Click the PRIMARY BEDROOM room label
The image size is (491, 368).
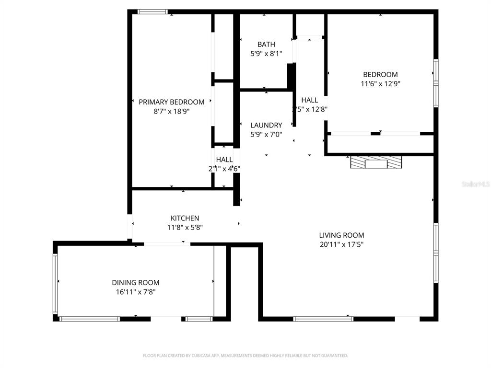pos(171,102)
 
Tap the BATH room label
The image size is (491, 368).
pos(266,45)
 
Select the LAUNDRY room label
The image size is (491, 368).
pos(266,126)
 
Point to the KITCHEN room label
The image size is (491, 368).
pos(185,218)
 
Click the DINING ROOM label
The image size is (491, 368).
pos(136,283)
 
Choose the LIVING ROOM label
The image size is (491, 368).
pos(341,235)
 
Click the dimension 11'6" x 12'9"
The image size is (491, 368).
pos(380,83)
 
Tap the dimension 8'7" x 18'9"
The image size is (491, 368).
pos(171,111)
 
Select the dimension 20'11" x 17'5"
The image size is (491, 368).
pos(341,244)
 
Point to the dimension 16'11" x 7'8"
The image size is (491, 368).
pos(136,291)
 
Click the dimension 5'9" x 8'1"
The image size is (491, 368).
pos(266,54)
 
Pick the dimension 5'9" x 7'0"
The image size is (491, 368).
pos(266,135)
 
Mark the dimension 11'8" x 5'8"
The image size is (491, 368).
pos(185,227)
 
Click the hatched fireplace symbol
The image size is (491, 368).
pos(376,162)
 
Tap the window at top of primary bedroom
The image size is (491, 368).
pos(152,11)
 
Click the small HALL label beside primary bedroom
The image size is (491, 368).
pos(224,160)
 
